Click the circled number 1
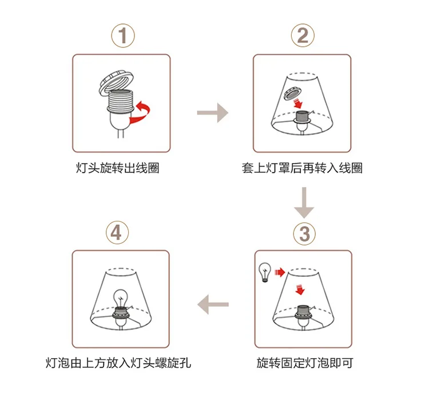(x=123, y=35)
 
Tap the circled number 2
(x=303, y=35)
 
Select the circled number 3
(x=304, y=235)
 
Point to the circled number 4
(x=117, y=233)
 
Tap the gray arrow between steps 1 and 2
(x=213, y=113)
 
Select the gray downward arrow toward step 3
(x=304, y=203)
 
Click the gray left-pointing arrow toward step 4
(x=213, y=304)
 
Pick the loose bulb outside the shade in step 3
(x=265, y=272)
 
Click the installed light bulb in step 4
(x=121, y=298)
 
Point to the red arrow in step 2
(x=298, y=104)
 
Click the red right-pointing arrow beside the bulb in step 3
(x=280, y=272)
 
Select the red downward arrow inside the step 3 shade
(x=300, y=289)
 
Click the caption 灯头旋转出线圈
(x=117, y=168)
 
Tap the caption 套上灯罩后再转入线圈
(x=302, y=168)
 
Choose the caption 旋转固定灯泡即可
(x=304, y=363)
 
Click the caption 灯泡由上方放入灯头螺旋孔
(x=118, y=363)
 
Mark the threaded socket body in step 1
(x=120, y=101)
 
